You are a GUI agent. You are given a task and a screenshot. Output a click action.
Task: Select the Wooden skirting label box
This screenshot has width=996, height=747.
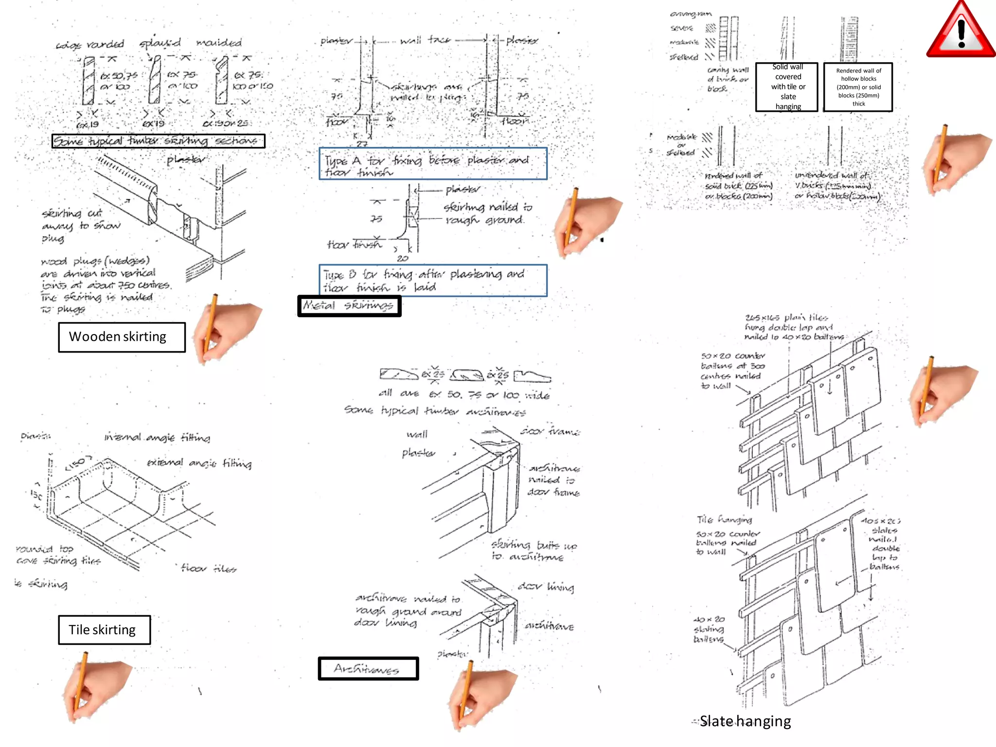[x=122, y=337]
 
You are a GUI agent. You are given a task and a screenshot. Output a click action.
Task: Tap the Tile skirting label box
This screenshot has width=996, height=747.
[x=104, y=630]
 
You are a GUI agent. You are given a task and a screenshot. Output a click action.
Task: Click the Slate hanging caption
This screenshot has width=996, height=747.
[x=745, y=721]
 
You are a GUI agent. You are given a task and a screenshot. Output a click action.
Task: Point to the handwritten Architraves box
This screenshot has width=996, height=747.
[x=368, y=669]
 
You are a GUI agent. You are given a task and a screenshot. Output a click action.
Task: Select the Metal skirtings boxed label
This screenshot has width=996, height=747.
[x=349, y=306]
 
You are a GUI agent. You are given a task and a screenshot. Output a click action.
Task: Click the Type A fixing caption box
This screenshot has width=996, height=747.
[x=433, y=164]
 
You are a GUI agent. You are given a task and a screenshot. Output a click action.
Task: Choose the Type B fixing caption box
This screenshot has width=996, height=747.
[x=433, y=281]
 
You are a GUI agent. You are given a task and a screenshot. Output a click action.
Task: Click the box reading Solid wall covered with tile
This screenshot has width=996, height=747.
[x=787, y=87]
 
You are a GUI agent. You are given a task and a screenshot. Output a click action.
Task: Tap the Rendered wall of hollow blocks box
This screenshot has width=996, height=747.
[x=858, y=87]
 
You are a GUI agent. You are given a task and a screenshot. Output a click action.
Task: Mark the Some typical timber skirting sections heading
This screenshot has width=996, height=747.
[x=158, y=141]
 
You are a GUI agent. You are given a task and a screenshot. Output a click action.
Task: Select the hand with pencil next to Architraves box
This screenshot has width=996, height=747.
[x=479, y=695]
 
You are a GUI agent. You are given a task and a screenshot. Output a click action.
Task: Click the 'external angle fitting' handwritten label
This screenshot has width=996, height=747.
[x=199, y=462]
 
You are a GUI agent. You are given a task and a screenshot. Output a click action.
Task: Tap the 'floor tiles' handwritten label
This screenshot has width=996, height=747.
[x=208, y=568]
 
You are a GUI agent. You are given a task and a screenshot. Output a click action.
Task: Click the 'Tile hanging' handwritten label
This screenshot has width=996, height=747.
[x=724, y=519]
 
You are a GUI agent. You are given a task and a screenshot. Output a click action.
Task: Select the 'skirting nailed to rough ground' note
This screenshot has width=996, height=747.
[x=488, y=213]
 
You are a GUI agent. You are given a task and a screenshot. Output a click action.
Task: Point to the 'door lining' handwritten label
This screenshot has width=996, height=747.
[x=546, y=587]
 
